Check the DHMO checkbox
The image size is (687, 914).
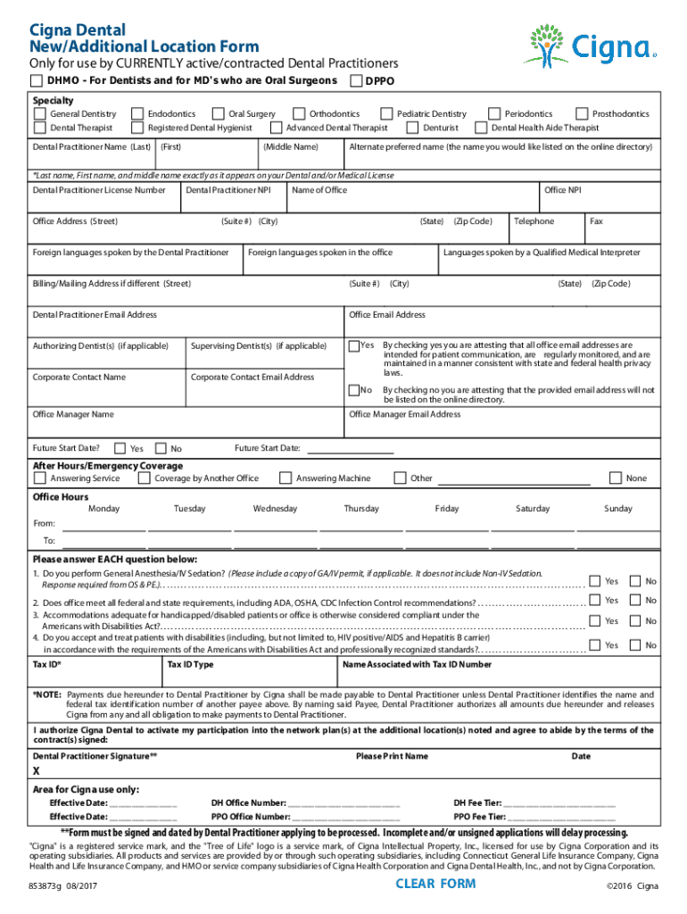tap(37, 81)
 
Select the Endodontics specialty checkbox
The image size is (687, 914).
tap(137, 114)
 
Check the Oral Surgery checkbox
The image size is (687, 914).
tap(218, 114)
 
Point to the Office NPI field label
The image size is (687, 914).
tap(562, 190)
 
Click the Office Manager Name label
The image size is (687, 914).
tap(73, 414)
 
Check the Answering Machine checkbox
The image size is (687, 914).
tap(285, 478)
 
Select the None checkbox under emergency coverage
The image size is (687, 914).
tap(615, 478)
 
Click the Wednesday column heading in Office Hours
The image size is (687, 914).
tap(275, 509)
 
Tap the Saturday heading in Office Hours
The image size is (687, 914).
tap(533, 509)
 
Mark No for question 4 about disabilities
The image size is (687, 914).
tap(635, 644)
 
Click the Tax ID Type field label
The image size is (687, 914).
tap(191, 664)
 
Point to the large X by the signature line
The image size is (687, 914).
tap(37, 770)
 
